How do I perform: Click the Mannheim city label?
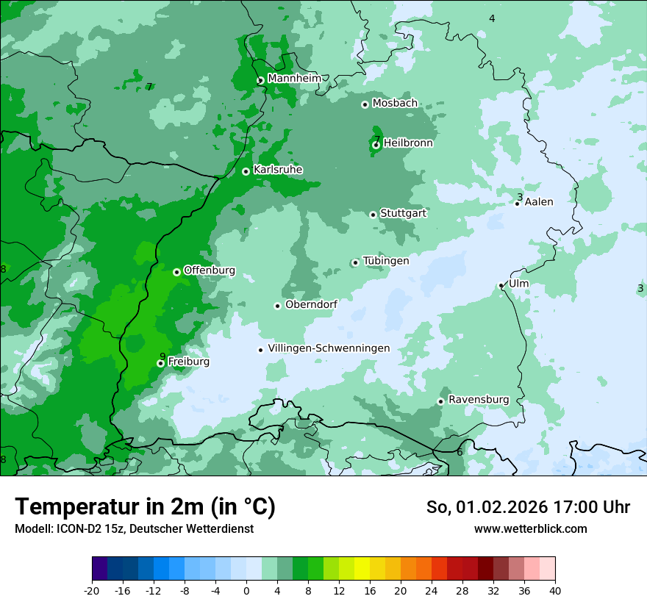click(x=294, y=79)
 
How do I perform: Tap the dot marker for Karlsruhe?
click(x=246, y=171)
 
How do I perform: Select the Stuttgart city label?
click(x=403, y=213)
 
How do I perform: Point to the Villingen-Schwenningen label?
click(x=329, y=348)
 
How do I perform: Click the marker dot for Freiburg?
click(x=160, y=363)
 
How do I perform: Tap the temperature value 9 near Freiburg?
click(x=162, y=356)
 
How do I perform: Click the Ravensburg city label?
click(x=479, y=400)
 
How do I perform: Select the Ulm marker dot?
click(x=501, y=285)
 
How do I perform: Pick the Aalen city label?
click(x=539, y=202)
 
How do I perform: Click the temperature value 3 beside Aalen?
click(x=520, y=197)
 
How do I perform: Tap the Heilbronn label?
click(x=408, y=143)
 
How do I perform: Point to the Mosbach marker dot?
click(x=365, y=104)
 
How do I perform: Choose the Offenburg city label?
click(x=210, y=270)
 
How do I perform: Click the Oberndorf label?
click(x=311, y=304)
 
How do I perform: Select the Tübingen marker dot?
click(x=355, y=262)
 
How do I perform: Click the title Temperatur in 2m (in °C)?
click(x=145, y=506)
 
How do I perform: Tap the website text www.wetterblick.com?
click(x=530, y=528)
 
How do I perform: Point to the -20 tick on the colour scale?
click(x=92, y=590)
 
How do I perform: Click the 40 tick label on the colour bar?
click(x=555, y=590)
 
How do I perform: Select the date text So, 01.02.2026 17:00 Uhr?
click(x=528, y=507)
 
